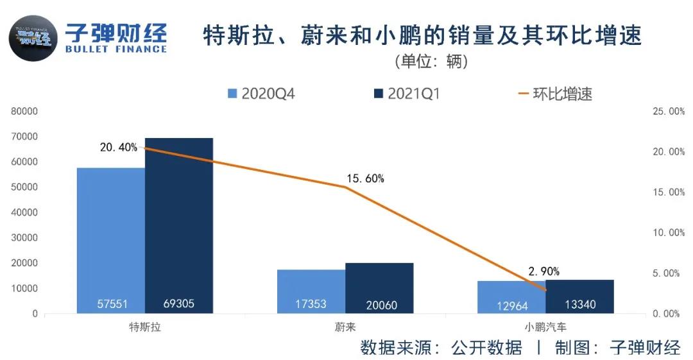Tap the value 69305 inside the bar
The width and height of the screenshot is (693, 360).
click(178, 305)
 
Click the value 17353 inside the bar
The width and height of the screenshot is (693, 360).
click(311, 305)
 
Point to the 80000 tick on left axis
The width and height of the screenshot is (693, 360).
click(24, 111)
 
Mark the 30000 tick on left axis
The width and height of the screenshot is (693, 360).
click(24, 238)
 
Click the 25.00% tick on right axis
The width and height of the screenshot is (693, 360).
click(668, 112)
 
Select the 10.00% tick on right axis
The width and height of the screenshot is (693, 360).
click(668, 233)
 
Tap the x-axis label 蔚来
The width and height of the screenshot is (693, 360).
click(345, 327)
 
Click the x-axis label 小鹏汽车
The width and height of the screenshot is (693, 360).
click(545, 327)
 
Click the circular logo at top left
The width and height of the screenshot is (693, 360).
click(33, 39)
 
